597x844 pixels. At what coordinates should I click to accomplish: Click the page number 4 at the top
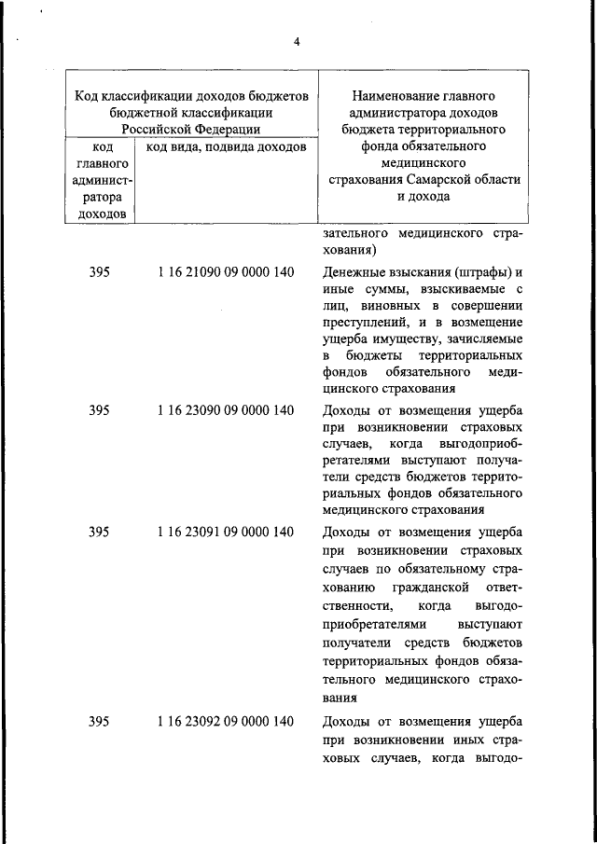coord(297,40)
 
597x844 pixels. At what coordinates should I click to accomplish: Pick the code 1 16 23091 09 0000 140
coord(226,532)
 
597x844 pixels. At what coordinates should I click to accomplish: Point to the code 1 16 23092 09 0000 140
coord(226,721)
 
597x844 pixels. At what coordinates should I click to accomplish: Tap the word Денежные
coord(354,273)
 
